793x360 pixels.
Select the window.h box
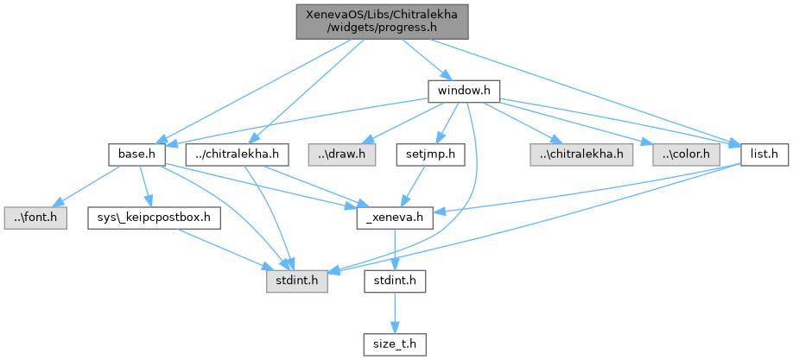pos(465,89)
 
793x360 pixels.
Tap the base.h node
pos(136,155)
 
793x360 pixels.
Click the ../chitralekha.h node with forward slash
pos(237,155)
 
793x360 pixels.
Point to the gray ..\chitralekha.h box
pos(580,155)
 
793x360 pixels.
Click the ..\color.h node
pos(687,155)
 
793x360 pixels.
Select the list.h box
pos(764,155)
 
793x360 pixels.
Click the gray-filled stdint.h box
pos(295,282)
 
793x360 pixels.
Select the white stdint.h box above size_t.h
pos(394,282)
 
